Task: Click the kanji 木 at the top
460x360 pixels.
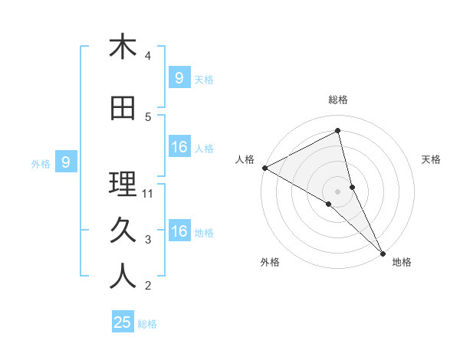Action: tap(123, 47)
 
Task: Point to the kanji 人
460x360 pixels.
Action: tap(123, 277)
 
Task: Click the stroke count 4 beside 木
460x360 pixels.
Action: tap(148, 56)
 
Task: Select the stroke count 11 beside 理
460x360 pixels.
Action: tap(149, 194)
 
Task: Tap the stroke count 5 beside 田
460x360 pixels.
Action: tap(148, 117)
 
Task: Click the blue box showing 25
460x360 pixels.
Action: tap(123, 322)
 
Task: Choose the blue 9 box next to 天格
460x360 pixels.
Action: tap(179, 77)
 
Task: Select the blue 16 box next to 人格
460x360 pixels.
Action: tap(179, 147)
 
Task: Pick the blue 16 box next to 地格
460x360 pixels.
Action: tap(179, 231)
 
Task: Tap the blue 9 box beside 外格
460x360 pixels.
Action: tap(66, 162)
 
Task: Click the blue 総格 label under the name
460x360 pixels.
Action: tap(147, 324)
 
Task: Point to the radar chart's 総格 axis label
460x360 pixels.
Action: tap(338, 100)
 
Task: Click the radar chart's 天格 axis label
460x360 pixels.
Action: tap(432, 159)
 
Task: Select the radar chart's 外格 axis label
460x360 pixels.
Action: tap(270, 262)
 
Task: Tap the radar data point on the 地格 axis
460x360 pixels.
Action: tap(382, 252)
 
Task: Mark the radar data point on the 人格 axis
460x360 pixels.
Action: tap(264, 168)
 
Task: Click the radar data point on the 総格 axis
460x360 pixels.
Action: tap(338, 131)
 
